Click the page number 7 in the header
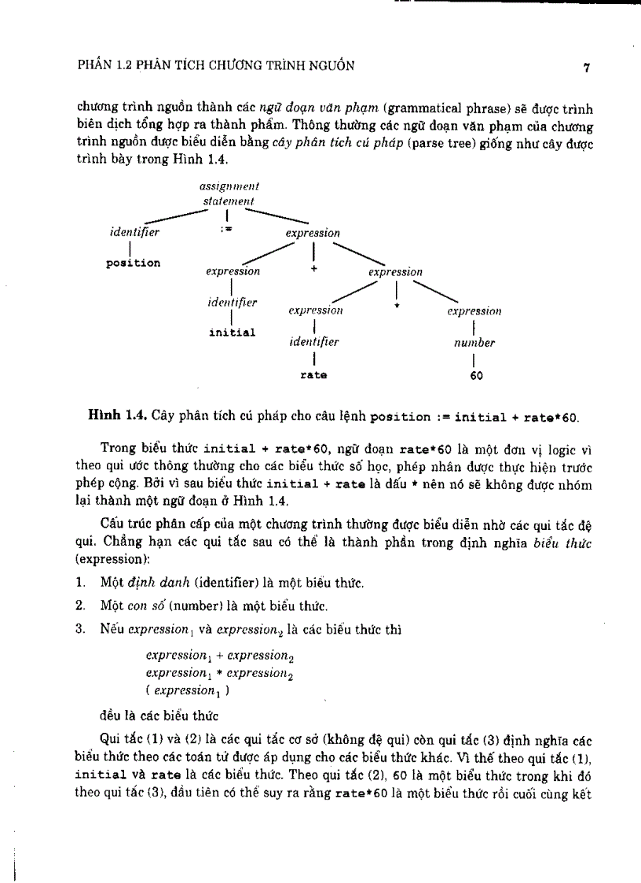click(x=586, y=67)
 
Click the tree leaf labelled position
click(x=133, y=263)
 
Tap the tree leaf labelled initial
click(x=232, y=332)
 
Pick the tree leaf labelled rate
click(x=313, y=376)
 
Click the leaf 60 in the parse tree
click(x=476, y=376)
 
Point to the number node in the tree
click(x=474, y=343)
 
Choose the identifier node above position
click(x=134, y=233)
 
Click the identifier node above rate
click(x=313, y=343)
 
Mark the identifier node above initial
click(x=232, y=302)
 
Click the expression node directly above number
click(x=474, y=311)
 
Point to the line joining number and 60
click(x=474, y=359)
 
